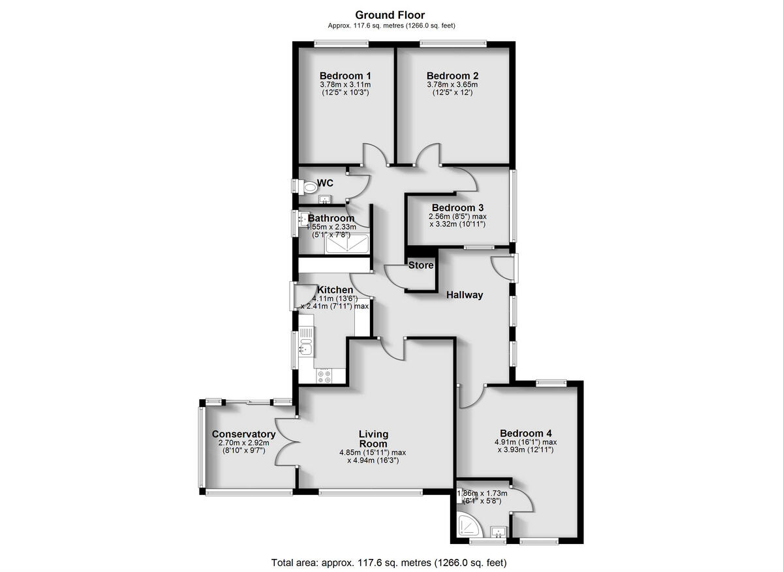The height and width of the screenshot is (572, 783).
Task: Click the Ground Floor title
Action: (390, 15)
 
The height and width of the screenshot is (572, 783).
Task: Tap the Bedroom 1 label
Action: (346, 76)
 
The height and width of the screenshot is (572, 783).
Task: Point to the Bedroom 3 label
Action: (457, 208)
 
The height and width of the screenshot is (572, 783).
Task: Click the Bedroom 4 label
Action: (526, 433)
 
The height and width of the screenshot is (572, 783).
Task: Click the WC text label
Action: (326, 183)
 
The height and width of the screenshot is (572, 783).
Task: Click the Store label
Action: (421, 265)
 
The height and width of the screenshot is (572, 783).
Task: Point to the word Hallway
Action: (465, 295)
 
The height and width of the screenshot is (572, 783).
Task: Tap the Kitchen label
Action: (335, 290)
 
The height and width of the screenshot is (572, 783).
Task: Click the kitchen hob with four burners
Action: (324, 376)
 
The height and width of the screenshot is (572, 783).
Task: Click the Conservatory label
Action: (243, 434)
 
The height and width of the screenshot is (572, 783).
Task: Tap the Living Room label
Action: (373, 438)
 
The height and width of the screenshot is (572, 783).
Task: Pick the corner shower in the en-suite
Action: (469, 525)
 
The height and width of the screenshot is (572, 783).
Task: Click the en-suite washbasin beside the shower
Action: (499, 533)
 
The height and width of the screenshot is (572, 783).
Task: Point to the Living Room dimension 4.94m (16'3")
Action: (373, 460)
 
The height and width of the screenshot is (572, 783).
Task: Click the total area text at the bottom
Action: (389, 562)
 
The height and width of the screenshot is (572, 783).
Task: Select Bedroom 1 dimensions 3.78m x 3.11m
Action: (346, 85)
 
